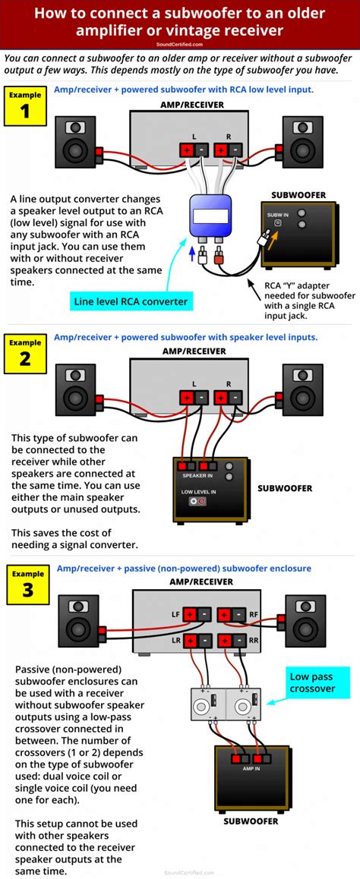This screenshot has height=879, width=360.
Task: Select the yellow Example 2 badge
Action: click(25, 351)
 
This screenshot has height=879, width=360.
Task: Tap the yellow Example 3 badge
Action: click(27, 583)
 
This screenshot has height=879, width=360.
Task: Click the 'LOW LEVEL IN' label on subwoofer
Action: click(198, 491)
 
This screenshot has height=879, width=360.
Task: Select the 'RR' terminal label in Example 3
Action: click(254, 641)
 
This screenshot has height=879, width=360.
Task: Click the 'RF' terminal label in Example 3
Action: click(254, 615)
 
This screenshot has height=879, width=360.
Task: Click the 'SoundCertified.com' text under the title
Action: click(179, 45)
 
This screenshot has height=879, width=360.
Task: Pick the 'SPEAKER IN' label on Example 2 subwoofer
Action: click(197, 475)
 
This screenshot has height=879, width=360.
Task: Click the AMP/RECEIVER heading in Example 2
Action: click(194, 351)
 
